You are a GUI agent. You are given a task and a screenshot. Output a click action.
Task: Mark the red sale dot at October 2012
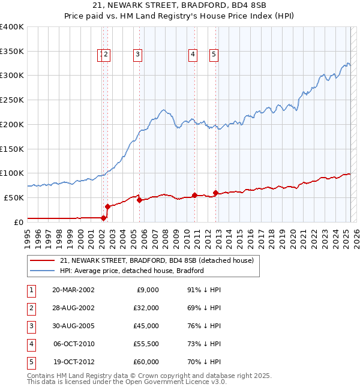coord(215,192)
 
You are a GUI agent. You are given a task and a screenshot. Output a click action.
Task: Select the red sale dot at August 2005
coord(139,200)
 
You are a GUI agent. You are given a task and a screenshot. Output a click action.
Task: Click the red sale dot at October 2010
coord(194,194)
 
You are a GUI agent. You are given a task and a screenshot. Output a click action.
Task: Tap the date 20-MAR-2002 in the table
coord(73,290)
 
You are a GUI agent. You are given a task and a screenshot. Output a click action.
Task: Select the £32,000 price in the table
coord(146,308)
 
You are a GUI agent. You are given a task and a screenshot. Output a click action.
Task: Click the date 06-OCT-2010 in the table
coord(73,344)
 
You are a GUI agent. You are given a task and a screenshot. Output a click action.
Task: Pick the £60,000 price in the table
coord(146,362)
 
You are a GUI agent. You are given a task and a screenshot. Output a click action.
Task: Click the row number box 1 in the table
coord(29,290)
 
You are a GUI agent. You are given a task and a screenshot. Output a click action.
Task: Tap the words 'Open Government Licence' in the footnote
coord(166,382)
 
